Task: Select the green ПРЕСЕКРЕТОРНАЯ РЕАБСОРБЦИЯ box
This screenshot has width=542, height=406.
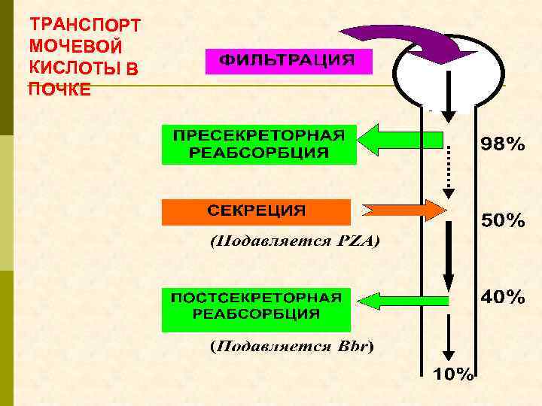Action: (256, 144)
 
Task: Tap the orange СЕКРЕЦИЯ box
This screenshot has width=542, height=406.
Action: (256, 212)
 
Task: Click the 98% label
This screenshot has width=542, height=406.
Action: (504, 145)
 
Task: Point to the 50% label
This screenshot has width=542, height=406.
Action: (503, 221)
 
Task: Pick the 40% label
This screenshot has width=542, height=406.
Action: (503, 297)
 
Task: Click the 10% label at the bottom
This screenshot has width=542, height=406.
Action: (452, 374)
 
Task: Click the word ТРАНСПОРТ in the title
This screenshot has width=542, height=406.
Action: (84, 24)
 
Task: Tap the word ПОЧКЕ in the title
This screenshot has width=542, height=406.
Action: (60, 89)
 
